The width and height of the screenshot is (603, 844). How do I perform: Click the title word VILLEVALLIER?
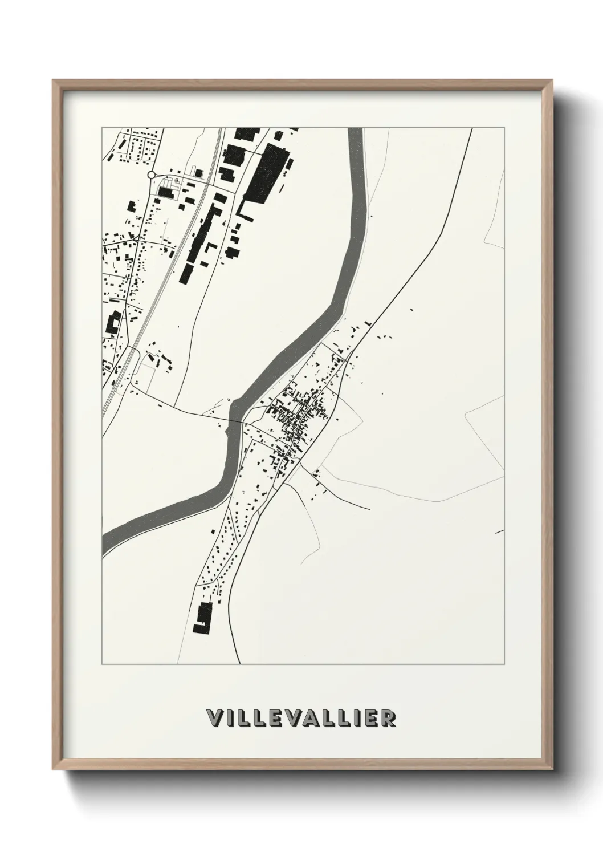[x=301, y=719]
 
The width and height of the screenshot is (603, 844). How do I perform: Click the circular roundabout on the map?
[x=152, y=175]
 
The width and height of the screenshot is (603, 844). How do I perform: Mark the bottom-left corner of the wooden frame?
[x=54, y=767]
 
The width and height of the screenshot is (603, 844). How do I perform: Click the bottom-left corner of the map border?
[x=102, y=664]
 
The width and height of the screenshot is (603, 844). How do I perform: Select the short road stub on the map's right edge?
[x=500, y=531]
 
